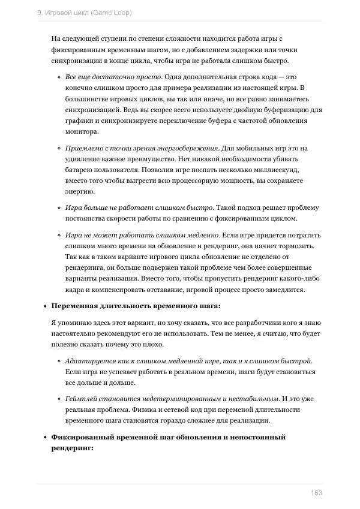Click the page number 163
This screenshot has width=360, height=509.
316,493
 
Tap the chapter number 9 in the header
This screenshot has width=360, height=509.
39,12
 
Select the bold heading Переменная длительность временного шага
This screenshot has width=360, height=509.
136,306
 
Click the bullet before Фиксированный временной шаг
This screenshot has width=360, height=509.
45,438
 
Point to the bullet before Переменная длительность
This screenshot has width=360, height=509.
45,306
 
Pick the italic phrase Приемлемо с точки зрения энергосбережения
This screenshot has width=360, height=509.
142,148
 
